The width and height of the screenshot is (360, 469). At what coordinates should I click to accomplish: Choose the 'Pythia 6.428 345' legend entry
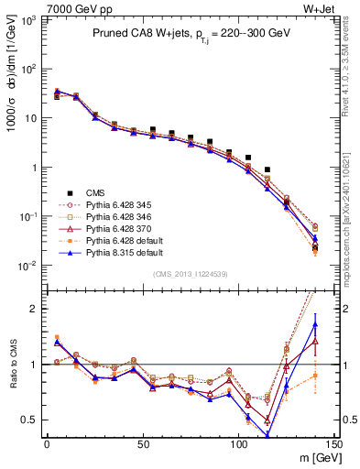pyautogui.click(x=125, y=204)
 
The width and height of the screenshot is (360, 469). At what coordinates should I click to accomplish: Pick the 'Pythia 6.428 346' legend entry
pyautogui.click(x=125, y=216)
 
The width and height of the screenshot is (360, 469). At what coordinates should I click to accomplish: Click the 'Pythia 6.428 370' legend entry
pyautogui.click(x=125, y=228)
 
